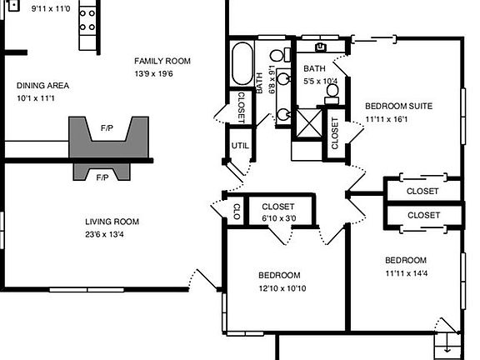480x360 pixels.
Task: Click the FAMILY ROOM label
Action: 162,61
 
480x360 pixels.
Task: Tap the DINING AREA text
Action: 42,86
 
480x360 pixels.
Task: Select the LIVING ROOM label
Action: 112,222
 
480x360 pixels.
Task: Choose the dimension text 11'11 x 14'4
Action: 406,272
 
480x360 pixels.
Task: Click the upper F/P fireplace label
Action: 107,129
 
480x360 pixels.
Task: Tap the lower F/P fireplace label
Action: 102,177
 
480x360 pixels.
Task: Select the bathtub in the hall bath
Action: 242,63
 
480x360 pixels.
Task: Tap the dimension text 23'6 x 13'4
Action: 112,235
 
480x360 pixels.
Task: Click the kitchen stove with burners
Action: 88,25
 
